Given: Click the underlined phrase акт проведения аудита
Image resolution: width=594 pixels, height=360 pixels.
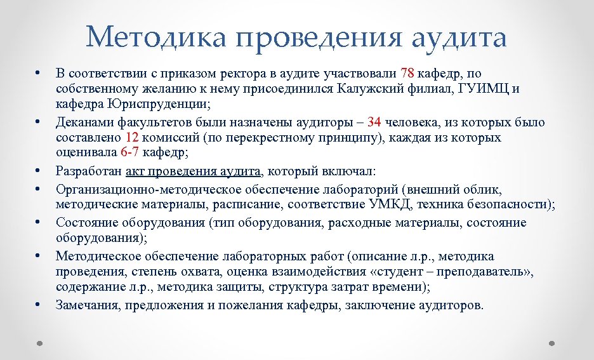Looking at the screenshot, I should (193, 171).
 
